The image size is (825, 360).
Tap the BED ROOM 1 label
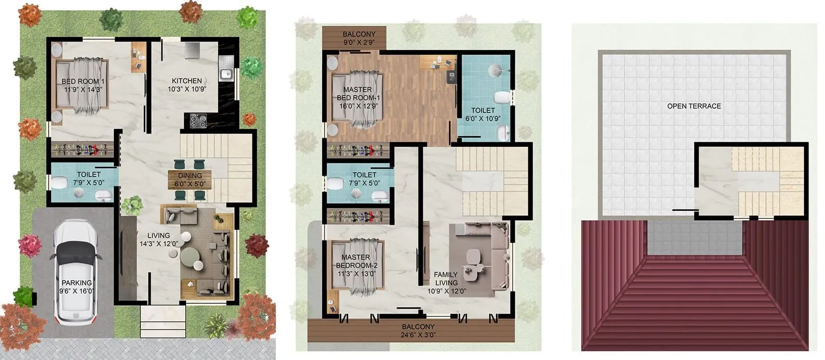(83, 85)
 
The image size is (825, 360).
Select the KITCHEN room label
(187, 85)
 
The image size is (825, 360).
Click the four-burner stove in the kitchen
(197, 121)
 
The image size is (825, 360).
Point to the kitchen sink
(226, 74)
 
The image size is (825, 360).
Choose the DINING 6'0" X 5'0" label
(189, 179)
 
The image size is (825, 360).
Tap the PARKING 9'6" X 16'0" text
(76, 287)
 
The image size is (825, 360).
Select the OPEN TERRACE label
(694, 106)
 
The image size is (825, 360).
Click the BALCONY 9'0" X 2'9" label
(359, 38)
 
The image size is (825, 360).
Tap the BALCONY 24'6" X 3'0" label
(418, 331)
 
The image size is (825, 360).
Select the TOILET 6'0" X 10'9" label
(483, 114)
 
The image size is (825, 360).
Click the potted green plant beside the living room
(133, 205)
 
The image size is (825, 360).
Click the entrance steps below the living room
(162, 321)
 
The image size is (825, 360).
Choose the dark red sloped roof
(694, 299)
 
